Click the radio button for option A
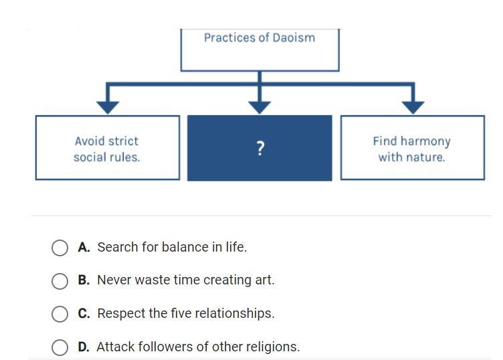click(x=60, y=248)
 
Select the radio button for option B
click(x=60, y=280)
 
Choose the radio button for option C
click(x=60, y=314)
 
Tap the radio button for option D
click(x=60, y=347)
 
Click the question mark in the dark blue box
click(x=260, y=149)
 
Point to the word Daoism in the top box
click(x=294, y=37)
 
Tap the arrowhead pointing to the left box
click(x=108, y=106)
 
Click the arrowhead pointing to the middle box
click(x=260, y=106)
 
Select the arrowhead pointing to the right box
click(x=413, y=106)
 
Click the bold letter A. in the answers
click(x=84, y=247)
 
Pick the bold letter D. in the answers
click(x=84, y=347)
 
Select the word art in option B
click(x=264, y=280)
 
